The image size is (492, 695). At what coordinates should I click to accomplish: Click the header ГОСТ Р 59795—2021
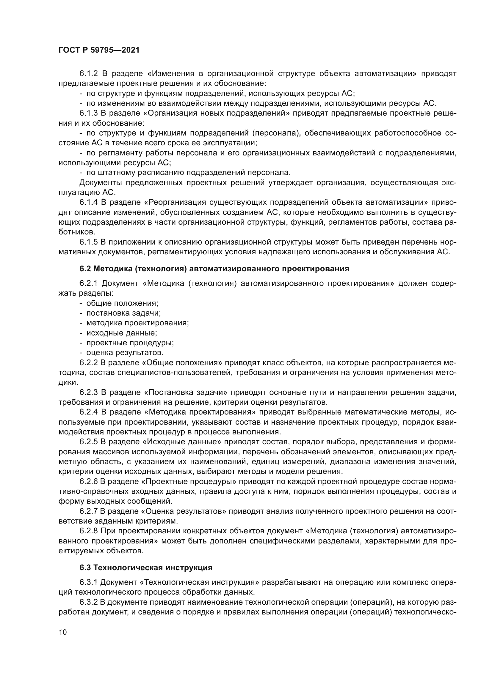pos(99,50)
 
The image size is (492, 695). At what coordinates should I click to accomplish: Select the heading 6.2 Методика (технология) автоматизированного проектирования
pos(214,269)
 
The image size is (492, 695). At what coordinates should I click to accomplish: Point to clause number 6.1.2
pos(88,74)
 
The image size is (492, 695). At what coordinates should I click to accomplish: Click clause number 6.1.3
pos(88,113)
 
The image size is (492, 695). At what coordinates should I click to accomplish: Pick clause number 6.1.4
pos(88,202)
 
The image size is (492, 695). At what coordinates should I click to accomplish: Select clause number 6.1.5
pos(88,242)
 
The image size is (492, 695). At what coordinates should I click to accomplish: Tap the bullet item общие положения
pos(122,303)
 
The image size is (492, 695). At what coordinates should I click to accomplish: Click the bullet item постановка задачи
pos(123,313)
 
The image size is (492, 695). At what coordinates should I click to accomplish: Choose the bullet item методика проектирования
pos(137,323)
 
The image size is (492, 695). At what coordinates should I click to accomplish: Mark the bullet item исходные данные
pos(121,333)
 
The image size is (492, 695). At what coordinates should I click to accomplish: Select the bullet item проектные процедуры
pos(130,343)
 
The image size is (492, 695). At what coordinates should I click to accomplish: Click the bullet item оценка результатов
pos(125,353)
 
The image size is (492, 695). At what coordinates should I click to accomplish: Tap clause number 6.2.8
pos(88,531)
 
